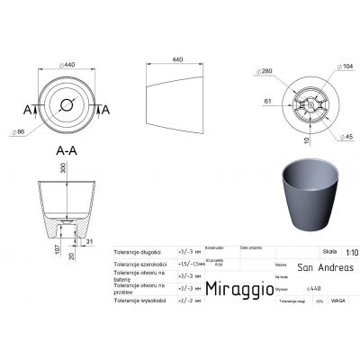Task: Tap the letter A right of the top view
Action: [x=106, y=109]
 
